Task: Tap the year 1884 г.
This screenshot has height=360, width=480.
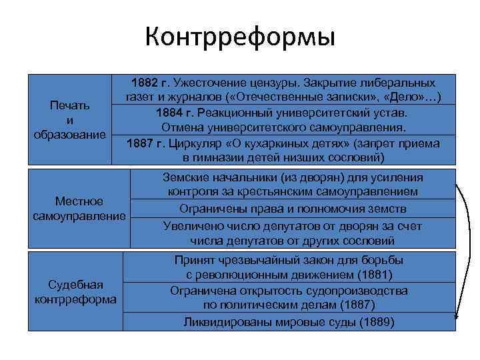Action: (173, 113)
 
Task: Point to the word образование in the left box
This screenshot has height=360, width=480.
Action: (70, 133)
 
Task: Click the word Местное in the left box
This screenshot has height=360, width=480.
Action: (79, 201)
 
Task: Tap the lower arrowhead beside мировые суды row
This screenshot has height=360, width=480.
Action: (456, 319)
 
